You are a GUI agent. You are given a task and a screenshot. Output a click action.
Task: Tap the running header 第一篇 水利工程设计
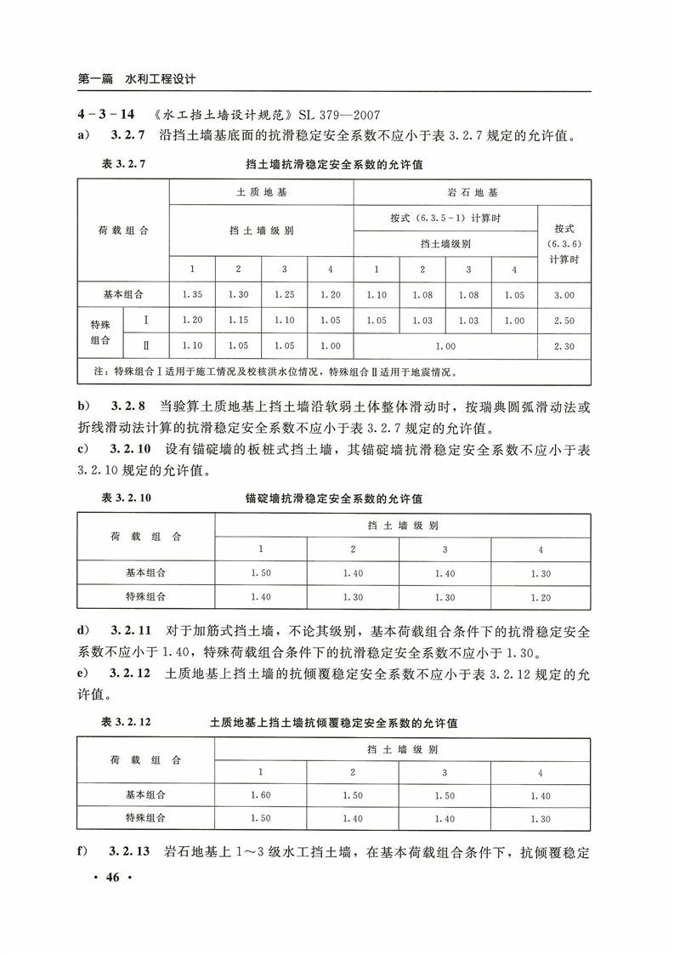pos(137,79)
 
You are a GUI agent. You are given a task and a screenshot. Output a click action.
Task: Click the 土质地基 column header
pos(261,192)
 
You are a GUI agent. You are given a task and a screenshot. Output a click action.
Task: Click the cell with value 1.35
pos(192,294)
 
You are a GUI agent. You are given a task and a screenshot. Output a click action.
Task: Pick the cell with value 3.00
pos(564,294)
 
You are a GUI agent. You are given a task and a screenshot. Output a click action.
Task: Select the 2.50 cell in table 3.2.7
pos(564,320)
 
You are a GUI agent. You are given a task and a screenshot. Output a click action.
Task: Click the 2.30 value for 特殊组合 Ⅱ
pos(564,346)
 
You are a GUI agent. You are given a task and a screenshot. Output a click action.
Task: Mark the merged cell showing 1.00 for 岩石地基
pos(445,346)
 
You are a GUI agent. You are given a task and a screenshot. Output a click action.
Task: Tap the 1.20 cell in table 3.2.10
pos(541,597)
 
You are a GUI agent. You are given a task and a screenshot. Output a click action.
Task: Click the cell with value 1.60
pos(261,795)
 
